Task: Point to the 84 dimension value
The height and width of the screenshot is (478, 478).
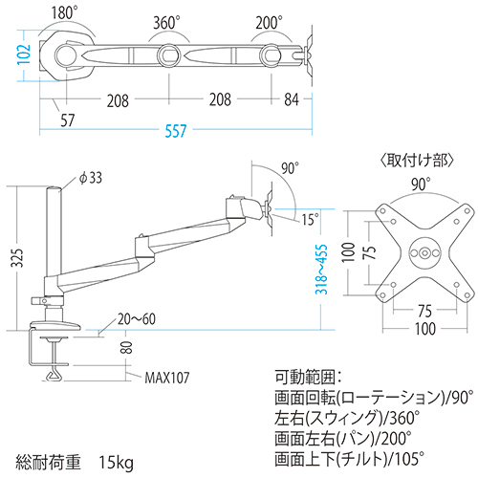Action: tap(292, 99)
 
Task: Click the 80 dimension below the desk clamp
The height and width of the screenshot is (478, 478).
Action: tap(125, 350)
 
